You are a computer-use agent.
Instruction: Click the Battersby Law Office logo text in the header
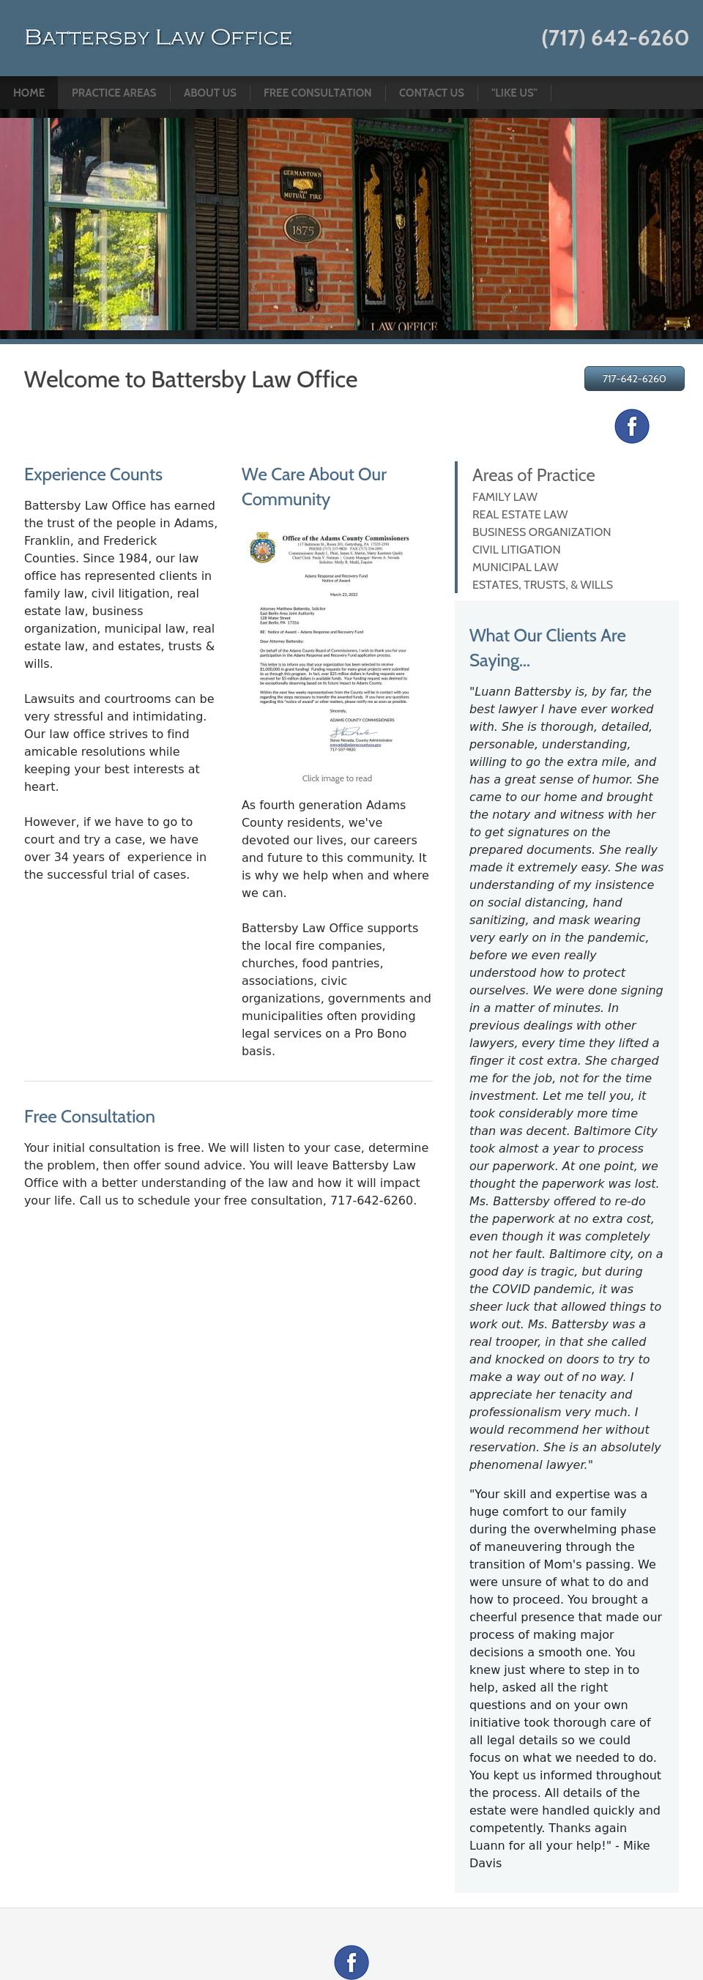click(158, 37)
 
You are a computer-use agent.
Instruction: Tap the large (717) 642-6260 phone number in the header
click(614, 37)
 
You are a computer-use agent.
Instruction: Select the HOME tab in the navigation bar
click(29, 93)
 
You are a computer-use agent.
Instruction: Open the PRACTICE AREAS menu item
click(114, 93)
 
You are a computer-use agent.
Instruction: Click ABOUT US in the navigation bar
click(209, 93)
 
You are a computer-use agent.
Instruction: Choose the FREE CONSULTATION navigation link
click(317, 93)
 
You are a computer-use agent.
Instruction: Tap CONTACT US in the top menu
click(431, 93)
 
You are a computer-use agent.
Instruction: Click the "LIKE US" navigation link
click(514, 93)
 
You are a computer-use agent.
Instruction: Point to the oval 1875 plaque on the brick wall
click(302, 229)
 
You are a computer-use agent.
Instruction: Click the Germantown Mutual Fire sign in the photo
click(302, 185)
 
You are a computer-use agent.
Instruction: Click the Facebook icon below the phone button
click(631, 426)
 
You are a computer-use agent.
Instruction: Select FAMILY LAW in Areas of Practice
click(505, 497)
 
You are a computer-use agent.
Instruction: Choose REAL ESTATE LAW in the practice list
click(519, 515)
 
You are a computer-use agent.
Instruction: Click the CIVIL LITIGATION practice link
click(516, 550)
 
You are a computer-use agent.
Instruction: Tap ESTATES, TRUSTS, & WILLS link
click(542, 585)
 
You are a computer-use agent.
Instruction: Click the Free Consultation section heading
click(89, 1117)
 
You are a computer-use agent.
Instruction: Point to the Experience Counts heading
click(93, 475)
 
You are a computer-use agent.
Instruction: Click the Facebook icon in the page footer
click(351, 1962)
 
